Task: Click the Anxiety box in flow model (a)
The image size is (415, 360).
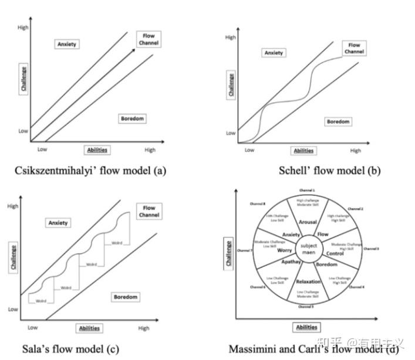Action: point(68,44)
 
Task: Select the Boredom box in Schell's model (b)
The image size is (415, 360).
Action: point(338,121)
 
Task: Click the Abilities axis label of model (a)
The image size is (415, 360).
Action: point(97,150)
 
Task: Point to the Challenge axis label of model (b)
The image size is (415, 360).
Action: point(231,85)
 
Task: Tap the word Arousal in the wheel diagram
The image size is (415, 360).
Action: point(308,223)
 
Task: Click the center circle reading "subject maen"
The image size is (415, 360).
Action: point(308,249)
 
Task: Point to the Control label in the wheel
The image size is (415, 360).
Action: point(335,253)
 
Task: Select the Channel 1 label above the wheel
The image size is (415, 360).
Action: point(308,191)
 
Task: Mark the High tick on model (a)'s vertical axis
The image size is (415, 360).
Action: point(23,28)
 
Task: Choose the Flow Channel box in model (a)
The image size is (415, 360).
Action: point(149,39)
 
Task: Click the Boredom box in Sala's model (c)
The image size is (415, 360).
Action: point(125,297)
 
